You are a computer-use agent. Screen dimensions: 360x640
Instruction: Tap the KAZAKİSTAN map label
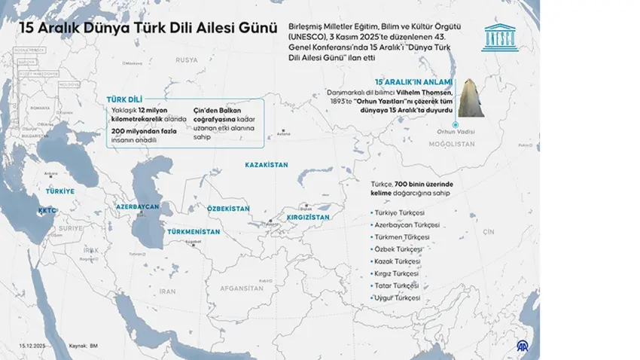267,163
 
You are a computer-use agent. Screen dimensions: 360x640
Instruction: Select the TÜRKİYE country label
60,192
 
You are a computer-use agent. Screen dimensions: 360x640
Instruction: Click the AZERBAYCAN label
137,206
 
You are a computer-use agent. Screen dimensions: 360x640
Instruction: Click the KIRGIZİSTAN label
303,217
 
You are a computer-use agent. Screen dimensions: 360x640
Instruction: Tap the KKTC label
47,212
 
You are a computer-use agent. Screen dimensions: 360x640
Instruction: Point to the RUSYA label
186,59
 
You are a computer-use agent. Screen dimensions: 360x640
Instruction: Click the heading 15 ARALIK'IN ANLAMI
414,81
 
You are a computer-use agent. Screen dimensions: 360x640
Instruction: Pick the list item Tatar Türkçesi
395,285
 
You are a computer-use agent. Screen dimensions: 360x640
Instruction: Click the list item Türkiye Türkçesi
399,213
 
